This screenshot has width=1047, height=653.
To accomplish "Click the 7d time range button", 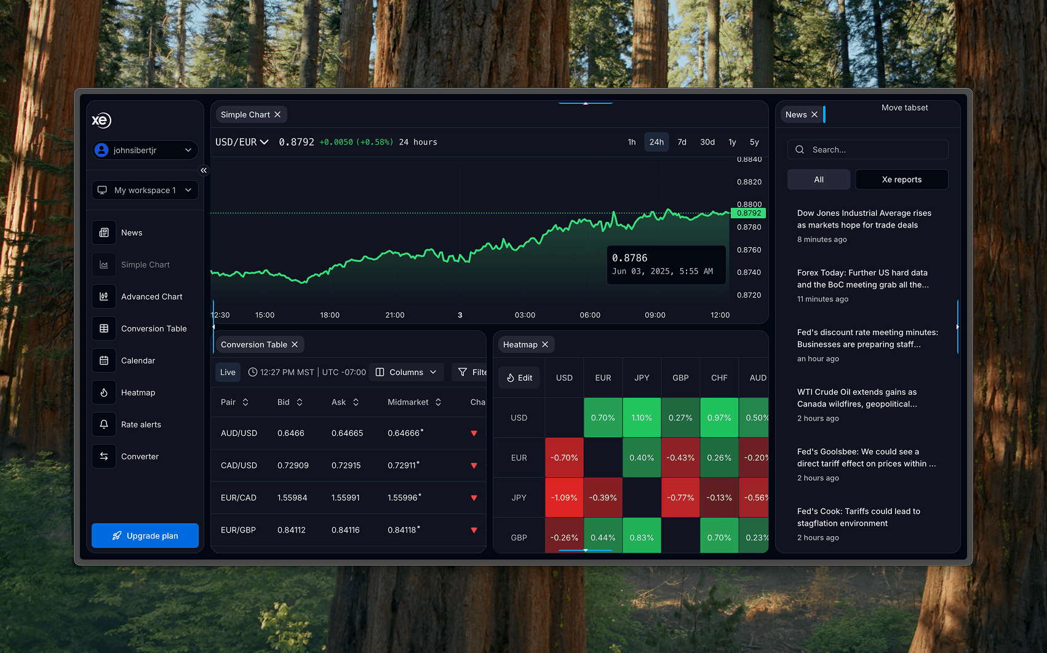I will click(x=682, y=142).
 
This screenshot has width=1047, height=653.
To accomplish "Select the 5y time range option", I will click(x=754, y=142).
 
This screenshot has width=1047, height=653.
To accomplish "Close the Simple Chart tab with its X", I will click(x=277, y=115).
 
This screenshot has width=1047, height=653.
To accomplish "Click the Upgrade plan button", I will click(x=145, y=536).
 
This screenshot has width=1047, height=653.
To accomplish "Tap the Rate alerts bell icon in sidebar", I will click(x=104, y=424).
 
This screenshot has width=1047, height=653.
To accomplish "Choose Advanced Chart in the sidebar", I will click(x=151, y=296).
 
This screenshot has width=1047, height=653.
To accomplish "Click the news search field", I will click(x=874, y=149).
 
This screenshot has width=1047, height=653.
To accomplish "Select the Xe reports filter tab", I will click(x=901, y=180).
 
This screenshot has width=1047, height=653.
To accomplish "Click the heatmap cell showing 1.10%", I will click(x=642, y=418).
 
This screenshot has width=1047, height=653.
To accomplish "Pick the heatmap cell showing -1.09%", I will click(x=564, y=497).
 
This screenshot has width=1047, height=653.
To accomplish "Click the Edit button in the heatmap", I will click(x=520, y=378).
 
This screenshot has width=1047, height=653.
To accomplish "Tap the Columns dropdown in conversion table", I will click(x=407, y=372).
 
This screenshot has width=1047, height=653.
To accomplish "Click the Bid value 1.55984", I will click(x=292, y=497).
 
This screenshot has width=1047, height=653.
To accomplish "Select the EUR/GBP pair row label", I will click(x=238, y=529).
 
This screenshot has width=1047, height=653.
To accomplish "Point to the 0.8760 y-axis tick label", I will click(x=749, y=250).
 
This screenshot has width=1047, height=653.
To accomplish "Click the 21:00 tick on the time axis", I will click(x=395, y=315).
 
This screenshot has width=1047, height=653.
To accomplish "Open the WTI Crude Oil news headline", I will click(x=857, y=398).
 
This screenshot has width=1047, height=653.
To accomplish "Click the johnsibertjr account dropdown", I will click(x=145, y=150).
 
